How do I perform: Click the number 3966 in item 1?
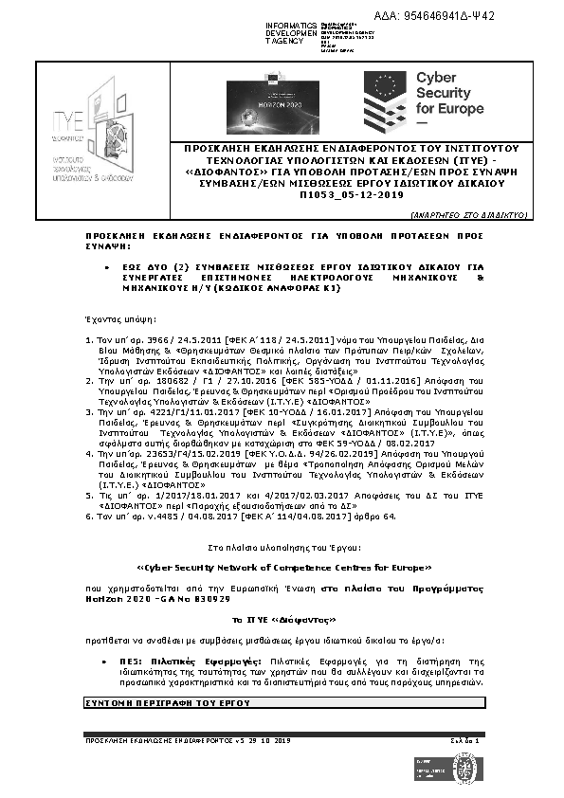159,338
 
